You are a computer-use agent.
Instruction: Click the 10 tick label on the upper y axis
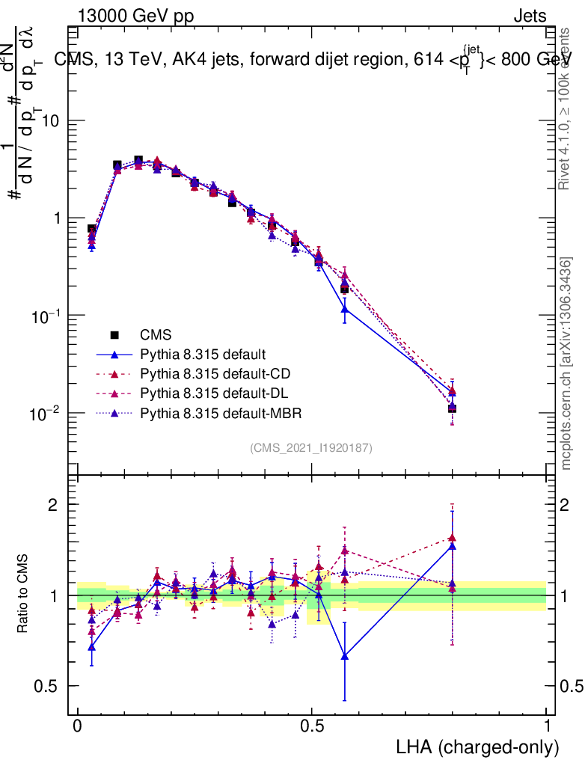coord(50,121)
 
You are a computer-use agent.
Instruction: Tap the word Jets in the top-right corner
coord(530,16)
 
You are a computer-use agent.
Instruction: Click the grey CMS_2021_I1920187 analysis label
coord(311,447)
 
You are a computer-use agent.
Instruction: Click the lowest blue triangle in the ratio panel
coord(344,656)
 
